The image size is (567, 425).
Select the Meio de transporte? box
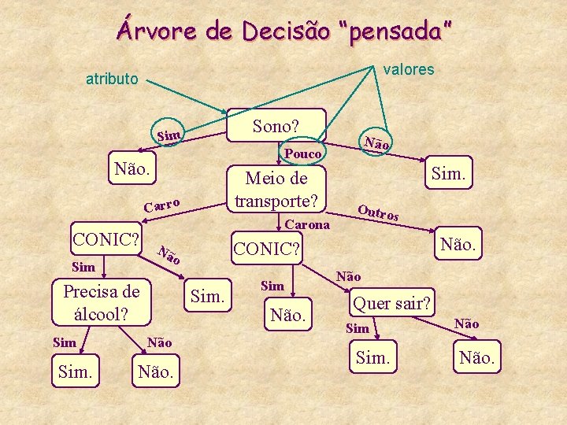(276, 189)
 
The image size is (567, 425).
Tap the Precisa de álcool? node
(101, 302)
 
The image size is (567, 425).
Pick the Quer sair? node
(391, 303)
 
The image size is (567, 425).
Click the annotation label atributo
(112, 79)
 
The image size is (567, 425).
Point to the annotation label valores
(408, 69)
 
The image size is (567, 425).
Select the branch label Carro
(163, 206)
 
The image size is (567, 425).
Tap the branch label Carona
(308, 225)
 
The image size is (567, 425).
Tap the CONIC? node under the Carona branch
(268, 249)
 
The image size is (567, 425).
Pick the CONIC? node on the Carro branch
(106, 238)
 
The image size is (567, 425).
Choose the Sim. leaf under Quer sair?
(373, 358)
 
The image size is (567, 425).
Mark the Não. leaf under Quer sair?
(477, 358)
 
